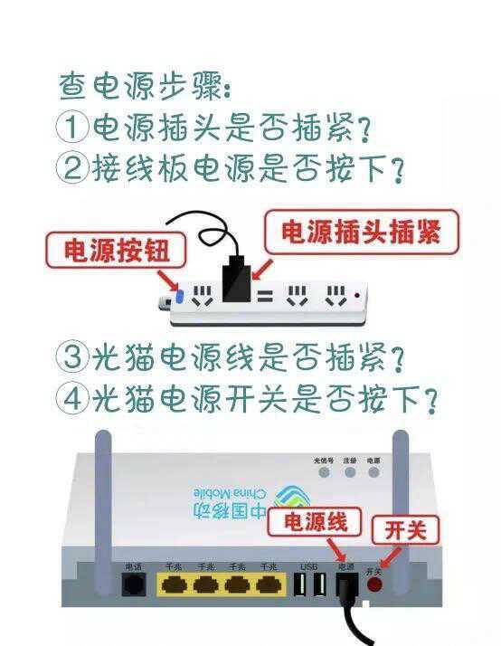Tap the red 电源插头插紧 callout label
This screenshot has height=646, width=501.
tap(362, 232)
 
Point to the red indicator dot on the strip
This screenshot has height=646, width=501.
tap(360, 296)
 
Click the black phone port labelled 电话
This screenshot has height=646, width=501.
tap(134, 584)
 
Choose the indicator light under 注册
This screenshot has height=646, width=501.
tap(349, 471)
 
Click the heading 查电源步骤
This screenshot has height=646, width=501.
tap(145, 87)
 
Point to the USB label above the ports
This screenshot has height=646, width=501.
tap(307, 567)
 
